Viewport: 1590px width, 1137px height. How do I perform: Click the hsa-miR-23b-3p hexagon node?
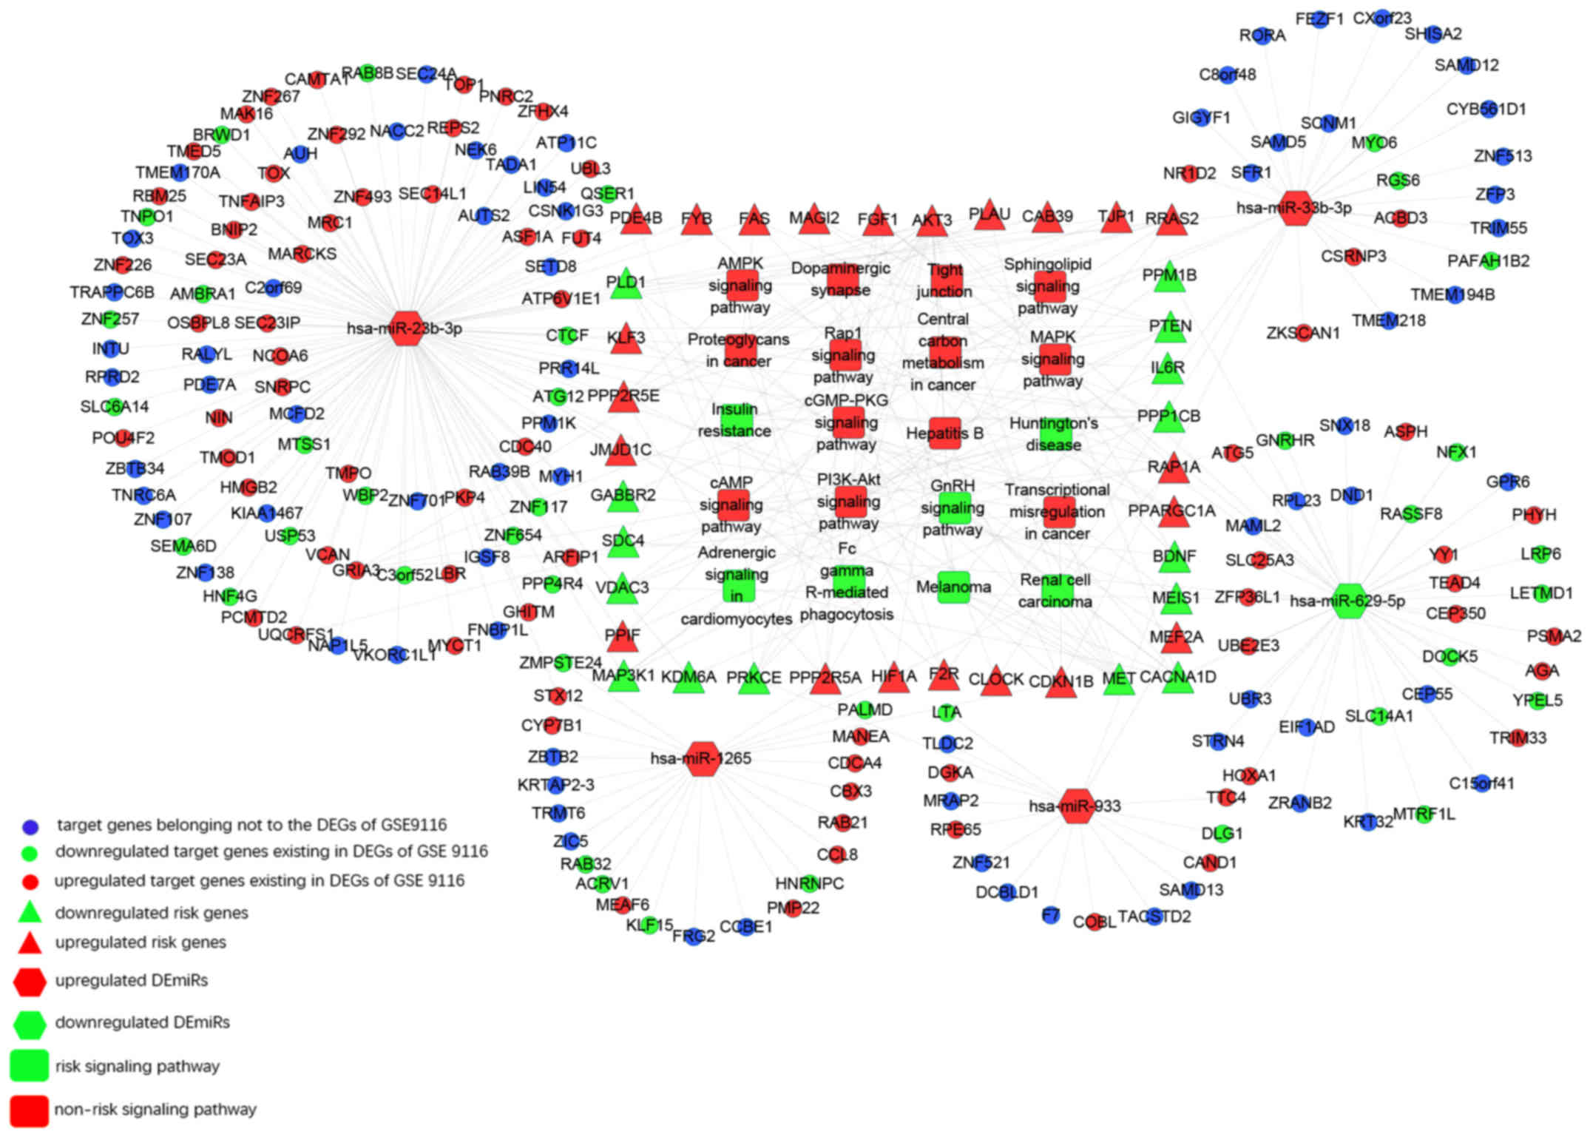pyautogui.click(x=405, y=328)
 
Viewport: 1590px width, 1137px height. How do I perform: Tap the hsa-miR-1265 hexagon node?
pyautogui.click(x=702, y=758)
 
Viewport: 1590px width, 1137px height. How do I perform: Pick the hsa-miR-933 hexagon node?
pyautogui.click(x=1076, y=806)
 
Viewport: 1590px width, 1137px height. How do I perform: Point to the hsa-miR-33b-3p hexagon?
pyautogui.click(x=1295, y=208)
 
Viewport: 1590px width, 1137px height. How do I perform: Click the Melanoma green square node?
pyautogui.click(x=953, y=587)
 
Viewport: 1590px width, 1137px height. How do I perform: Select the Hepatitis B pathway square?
pyautogui.click(x=944, y=433)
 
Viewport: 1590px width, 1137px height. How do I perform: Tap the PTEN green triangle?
pyautogui.click(x=1170, y=328)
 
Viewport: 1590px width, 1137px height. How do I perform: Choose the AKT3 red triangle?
pyautogui.click(x=932, y=221)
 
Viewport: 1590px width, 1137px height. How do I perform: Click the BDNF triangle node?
pyautogui.click(x=1174, y=557)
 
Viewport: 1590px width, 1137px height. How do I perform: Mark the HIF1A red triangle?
pyautogui.click(x=893, y=678)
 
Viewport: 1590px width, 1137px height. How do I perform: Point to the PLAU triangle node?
pyautogui.click(x=989, y=215)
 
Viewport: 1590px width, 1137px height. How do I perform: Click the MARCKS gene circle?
pyautogui.click(x=301, y=254)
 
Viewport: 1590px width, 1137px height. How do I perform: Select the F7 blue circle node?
pyautogui.click(x=1050, y=916)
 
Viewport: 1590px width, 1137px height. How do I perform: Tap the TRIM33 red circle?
pyautogui.click(x=1518, y=738)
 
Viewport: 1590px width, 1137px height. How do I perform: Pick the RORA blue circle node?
pyautogui.click(x=1262, y=36)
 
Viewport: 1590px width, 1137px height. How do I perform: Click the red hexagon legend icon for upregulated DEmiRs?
pyautogui.click(x=30, y=981)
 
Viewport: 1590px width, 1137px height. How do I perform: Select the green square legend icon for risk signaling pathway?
pyautogui.click(x=30, y=1066)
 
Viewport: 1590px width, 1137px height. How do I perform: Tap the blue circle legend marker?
pyautogui.click(x=30, y=826)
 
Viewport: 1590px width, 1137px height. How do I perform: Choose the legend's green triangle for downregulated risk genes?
pyautogui.click(x=30, y=912)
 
